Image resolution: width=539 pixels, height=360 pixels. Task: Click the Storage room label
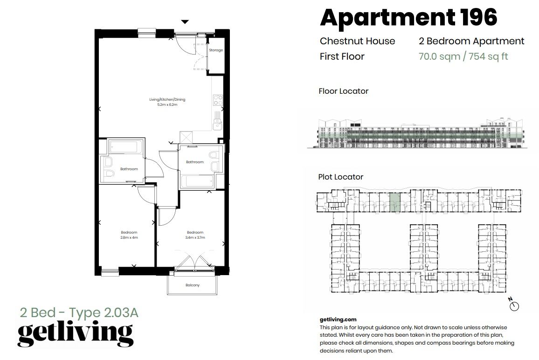[215, 50]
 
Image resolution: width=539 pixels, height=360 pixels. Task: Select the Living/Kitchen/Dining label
[164, 100]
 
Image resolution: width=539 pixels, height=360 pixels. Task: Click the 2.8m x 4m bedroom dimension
[129, 237]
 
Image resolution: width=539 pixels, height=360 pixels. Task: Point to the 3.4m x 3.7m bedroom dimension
[195, 237]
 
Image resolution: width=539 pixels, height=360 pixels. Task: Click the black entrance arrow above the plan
[185, 21]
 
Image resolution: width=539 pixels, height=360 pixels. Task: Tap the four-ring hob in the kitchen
[217, 100]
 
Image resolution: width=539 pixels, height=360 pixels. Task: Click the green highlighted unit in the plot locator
[394, 203]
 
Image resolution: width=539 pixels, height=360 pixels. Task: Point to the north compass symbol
[514, 305]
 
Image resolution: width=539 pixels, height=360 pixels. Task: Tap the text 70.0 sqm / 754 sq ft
[463, 56]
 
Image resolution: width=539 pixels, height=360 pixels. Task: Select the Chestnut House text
[357, 41]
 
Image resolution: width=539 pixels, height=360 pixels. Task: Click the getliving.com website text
[338, 320]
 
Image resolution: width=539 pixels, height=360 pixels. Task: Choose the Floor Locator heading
[343, 91]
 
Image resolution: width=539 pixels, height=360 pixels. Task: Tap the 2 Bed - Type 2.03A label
[79, 312]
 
